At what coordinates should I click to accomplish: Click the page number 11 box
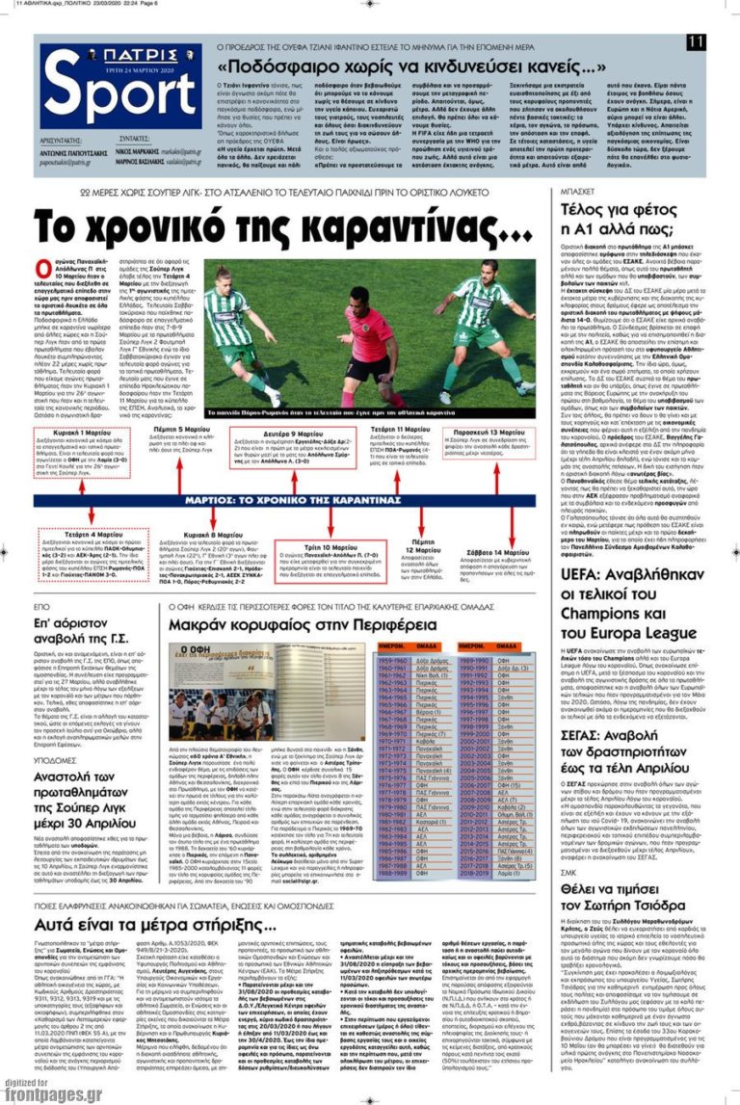(x=697, y=41)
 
